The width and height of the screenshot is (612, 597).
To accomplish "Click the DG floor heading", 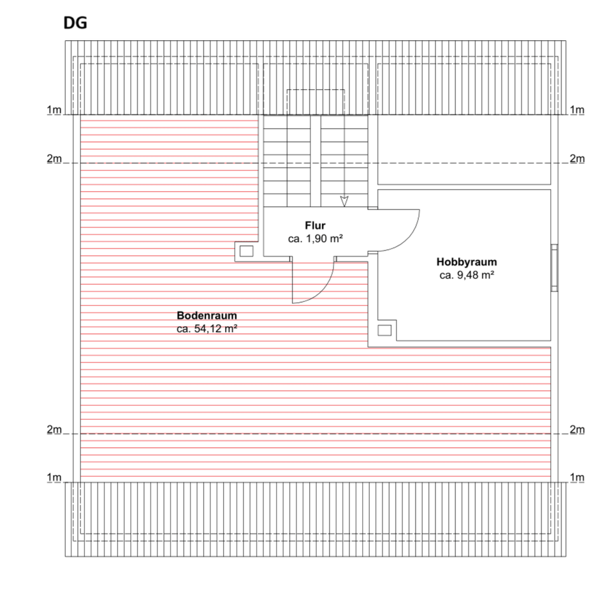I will (75, 24).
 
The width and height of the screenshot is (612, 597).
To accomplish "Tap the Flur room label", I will (315, 226).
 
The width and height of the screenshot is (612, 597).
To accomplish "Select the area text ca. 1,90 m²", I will (316, 238).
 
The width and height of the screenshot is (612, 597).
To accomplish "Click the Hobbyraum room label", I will (467, 262).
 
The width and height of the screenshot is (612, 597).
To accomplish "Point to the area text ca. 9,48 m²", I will (467, 275).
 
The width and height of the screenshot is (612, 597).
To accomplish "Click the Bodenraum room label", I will (207, 315).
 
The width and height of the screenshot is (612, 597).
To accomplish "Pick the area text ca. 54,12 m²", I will (207, 329).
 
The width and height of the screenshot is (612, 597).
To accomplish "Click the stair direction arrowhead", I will (344, 201).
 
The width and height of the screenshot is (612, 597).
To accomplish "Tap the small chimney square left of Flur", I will (245, 250).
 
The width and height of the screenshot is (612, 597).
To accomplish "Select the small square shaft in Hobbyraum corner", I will (384, 330).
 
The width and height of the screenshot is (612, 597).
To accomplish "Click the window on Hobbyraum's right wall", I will (554, 268).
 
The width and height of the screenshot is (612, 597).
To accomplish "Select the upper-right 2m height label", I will (576, 159).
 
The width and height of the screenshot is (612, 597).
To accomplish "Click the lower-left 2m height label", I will (54, 430).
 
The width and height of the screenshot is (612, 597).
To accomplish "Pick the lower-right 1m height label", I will (576, 478).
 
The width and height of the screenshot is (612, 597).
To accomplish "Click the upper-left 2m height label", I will (54, 159).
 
